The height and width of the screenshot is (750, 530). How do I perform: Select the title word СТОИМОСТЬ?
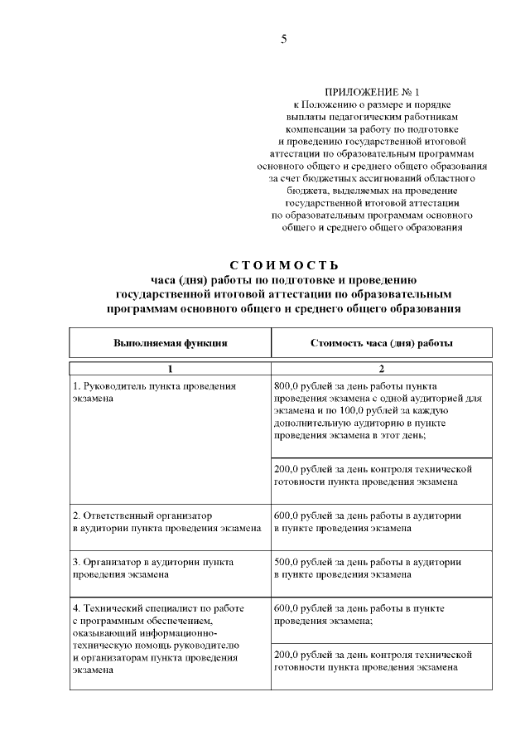coord(284,266)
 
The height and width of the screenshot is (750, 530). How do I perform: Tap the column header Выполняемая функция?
coord(170,342)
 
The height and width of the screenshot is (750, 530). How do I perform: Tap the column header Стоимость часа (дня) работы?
coord(381,342)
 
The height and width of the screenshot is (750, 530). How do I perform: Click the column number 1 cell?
coord(170,370)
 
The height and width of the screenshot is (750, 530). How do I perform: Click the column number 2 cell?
coord(381,370)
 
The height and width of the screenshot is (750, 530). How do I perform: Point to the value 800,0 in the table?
coord(287,386)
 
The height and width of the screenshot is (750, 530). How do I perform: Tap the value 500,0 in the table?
coord(287,562)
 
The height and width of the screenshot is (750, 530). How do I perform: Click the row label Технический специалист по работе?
coord(158,608)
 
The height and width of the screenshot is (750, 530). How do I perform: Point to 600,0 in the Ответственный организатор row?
coord(287,515)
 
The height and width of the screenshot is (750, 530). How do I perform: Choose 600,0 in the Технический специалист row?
coord(287,608)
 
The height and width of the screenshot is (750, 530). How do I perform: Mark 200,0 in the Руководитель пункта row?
coord(287,469)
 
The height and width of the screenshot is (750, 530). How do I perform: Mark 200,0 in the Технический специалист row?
coord(287,655)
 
